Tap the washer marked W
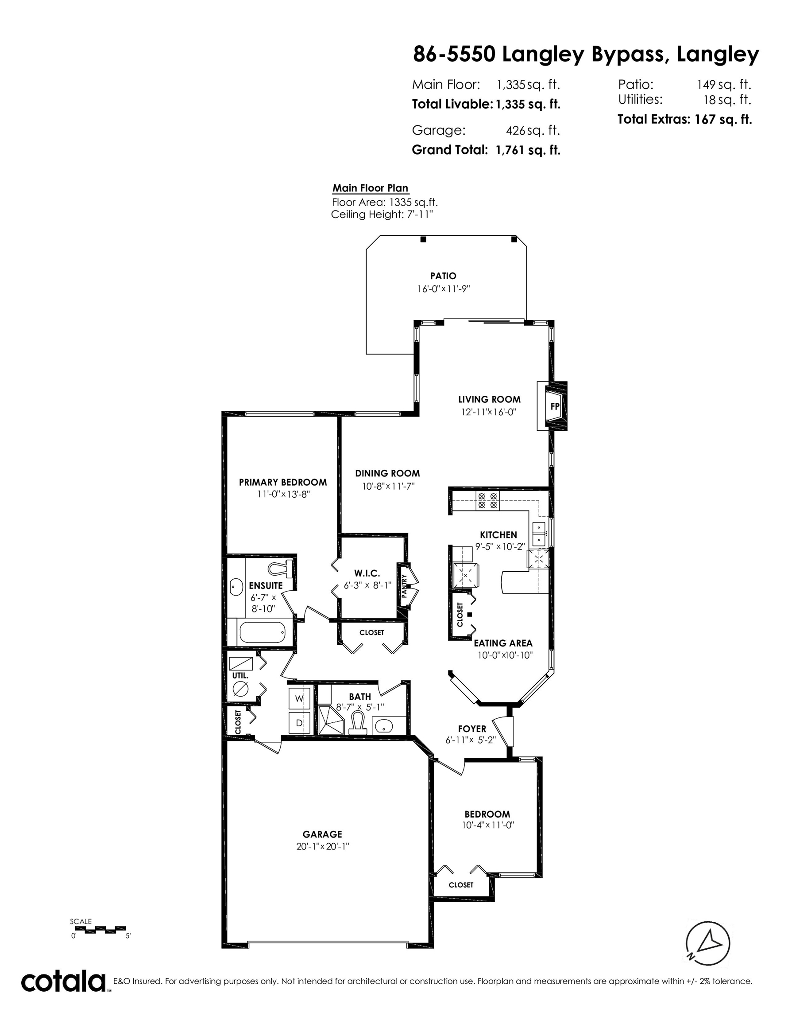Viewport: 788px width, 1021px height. [299, 698]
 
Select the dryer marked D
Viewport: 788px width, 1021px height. [299, 723]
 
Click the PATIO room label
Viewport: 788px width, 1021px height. [443, 276]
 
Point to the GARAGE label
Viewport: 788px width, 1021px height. [322, 834]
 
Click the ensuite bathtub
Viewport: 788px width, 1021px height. [262, 633]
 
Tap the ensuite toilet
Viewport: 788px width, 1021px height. [280, 568]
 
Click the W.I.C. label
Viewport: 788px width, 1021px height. [367, 573]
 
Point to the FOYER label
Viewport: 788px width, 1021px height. [472, 729]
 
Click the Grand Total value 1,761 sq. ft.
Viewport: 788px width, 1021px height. [528, 150]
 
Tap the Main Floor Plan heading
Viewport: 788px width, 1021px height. [371, 188]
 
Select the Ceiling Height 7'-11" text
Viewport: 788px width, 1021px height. [382, 214]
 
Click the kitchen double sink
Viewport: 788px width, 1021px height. [539, 534]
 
